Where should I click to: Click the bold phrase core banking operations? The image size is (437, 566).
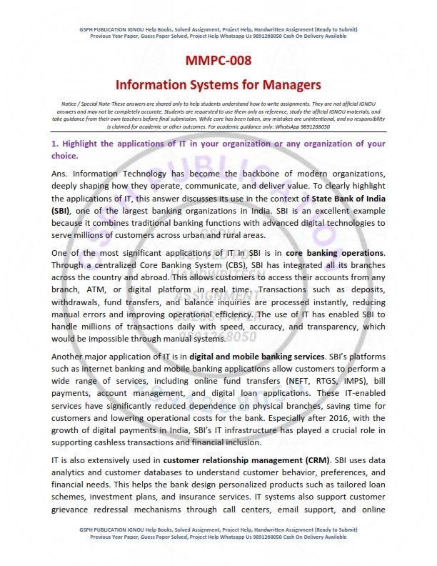[x=335, y=253]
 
